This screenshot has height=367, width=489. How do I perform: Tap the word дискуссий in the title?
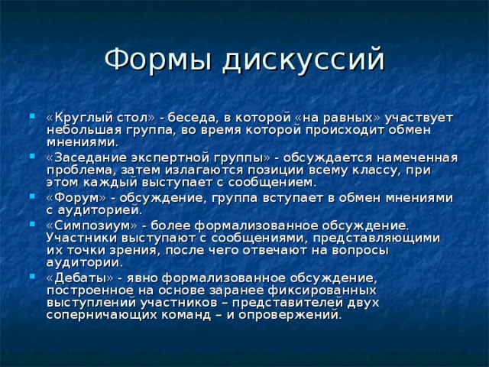(301, 60)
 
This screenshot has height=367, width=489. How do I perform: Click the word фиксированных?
(320, 291)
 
